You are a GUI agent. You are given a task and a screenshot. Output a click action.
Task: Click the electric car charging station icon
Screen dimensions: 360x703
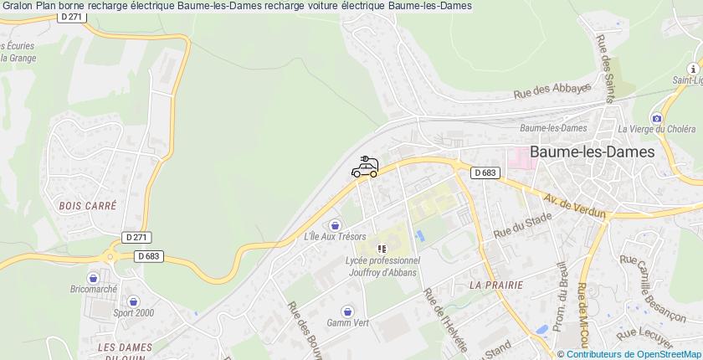[365, 167]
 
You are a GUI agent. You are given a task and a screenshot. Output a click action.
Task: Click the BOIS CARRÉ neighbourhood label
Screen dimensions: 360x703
[88, 205]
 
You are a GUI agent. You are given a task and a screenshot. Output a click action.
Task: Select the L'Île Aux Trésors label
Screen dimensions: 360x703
[336, 237]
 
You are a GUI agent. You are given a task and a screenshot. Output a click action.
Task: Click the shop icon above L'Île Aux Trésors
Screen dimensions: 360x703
[336, 224]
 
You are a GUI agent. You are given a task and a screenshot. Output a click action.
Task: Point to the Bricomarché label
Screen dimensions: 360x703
[93, 288]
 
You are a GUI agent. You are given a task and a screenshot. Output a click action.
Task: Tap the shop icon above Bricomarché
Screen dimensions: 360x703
[93, 276]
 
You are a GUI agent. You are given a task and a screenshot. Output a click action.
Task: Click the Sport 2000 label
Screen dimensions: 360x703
[134, 312]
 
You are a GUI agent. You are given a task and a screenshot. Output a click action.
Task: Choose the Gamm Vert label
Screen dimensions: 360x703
[348, 322]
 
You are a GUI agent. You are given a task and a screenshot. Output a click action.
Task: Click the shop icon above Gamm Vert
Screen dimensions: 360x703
[348, 310]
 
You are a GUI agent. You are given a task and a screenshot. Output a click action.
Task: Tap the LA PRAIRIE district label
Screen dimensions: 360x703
[496, 285]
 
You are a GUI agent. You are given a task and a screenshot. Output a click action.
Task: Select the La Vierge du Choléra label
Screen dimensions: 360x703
[656, 129]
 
